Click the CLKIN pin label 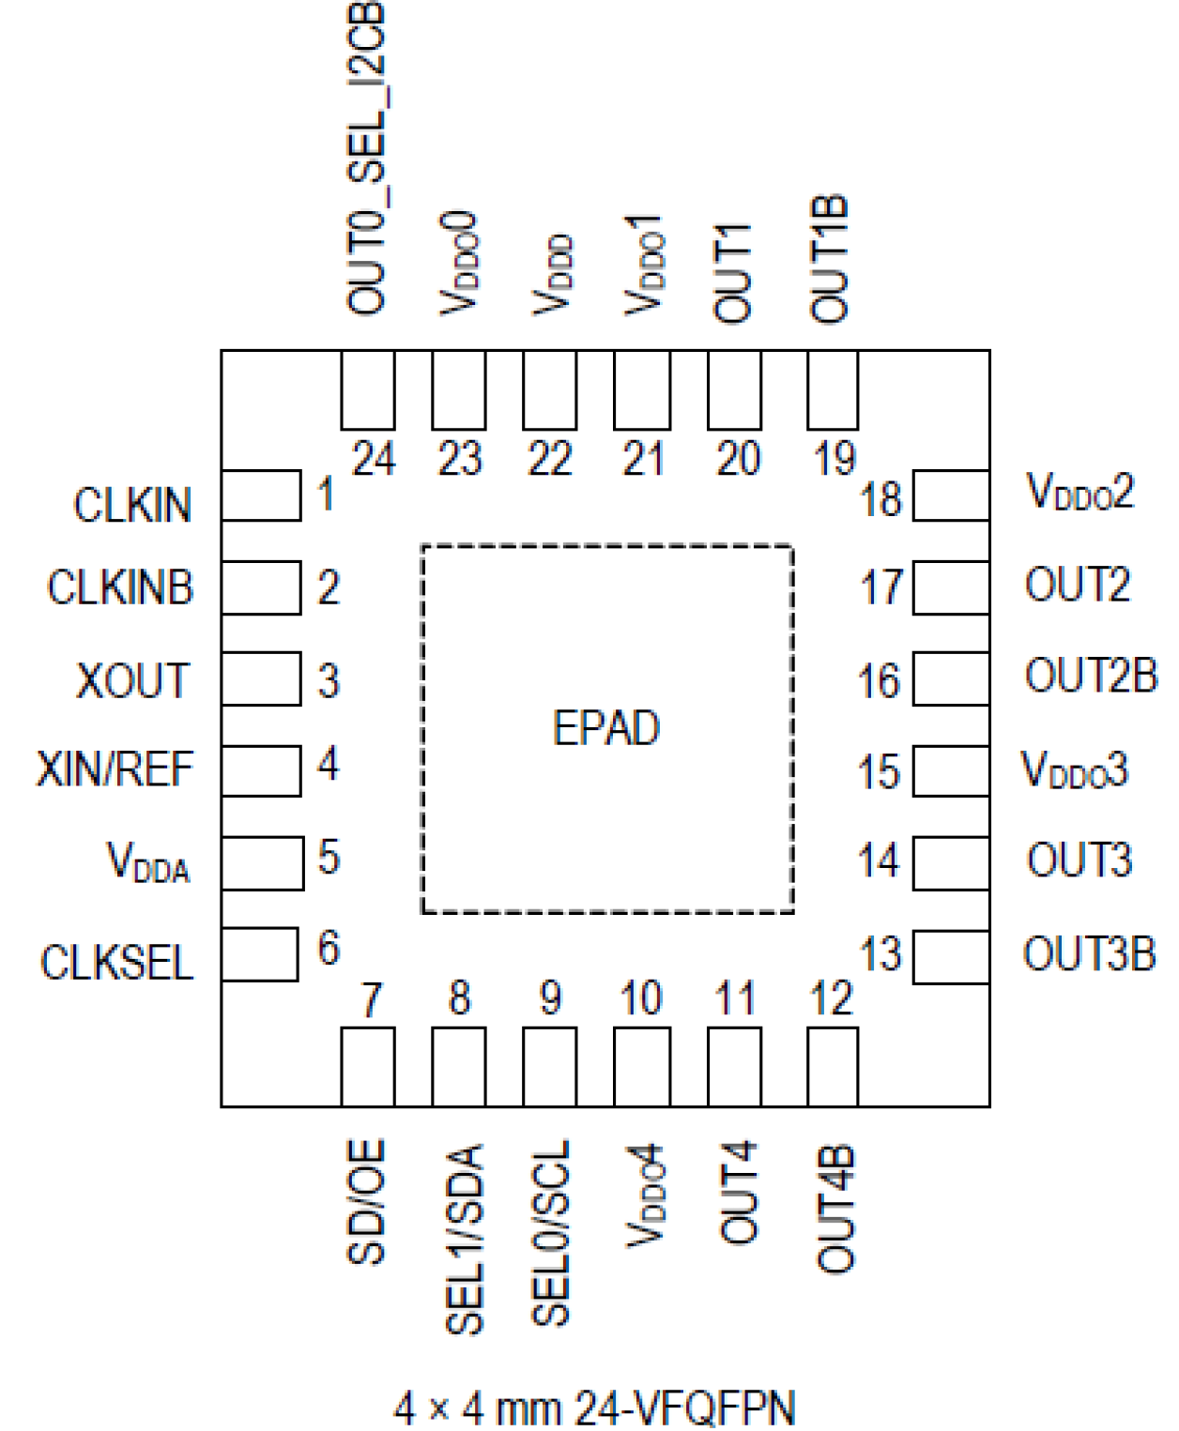132,506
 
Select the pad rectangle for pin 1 261,495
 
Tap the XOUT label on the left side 132,681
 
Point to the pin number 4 328,764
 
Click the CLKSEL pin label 116,963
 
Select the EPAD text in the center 606,729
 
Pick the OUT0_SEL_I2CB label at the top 366,160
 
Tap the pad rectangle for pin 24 367,390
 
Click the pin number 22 549,459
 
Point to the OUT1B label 830,260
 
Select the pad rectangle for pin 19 833,390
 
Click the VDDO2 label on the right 1079,492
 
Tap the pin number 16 879,681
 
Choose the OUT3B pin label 1089,954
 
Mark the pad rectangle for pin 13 951,957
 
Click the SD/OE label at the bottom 366,1202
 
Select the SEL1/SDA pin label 465,1239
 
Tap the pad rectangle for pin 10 642,1067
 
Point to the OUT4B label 834,1209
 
